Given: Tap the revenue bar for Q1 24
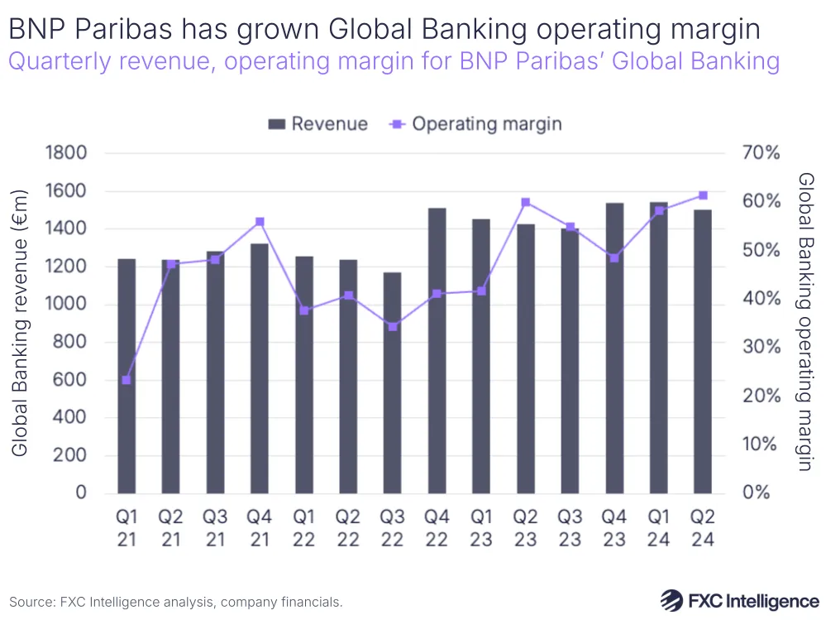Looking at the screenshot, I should click(x=658, y=348).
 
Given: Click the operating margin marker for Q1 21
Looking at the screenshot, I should click(x=127, y=380).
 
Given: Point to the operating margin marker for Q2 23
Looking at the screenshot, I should click(x=525, y=202).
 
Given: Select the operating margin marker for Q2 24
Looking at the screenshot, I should click(x=703, y=195).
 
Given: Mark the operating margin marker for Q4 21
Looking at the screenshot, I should click(x=260, y=222).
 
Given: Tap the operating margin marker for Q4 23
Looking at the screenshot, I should click(x=614, y=257).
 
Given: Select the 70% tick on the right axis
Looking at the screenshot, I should click(x=761, y=153).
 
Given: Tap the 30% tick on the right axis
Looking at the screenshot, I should click(x=761, y=347).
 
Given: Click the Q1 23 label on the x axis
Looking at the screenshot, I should click(x=480, y=528).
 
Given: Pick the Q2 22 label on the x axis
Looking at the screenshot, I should click(x=348, y=528).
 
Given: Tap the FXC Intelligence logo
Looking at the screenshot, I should click(x=739, y=599).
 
